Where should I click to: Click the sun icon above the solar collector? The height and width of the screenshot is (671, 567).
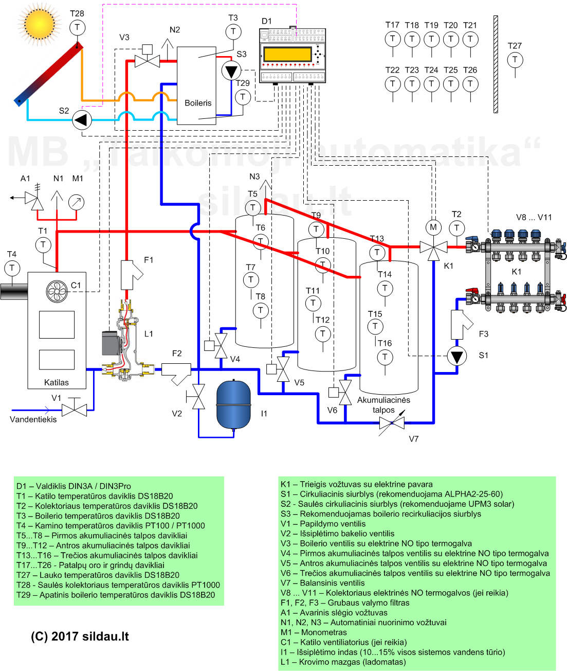click(x=39, y=23)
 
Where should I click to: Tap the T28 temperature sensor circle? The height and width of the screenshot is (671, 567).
click(x=77, y=27)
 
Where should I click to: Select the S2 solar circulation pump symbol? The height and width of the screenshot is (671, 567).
click(x=81, y=120)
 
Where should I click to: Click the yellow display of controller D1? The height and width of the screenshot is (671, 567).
click(x=287, y=54)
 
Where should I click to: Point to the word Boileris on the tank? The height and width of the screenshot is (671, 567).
click(x=198, y=103)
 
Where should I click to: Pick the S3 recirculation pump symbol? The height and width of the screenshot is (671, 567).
click(x=231, y=70)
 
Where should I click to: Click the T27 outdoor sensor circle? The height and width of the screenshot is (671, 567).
click(x=515, y=60)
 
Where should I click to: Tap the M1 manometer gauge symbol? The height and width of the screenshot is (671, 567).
click(x=76, y=202)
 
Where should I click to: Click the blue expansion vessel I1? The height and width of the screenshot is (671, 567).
click(x=233, y=404)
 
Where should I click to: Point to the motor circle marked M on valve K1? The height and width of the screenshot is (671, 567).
click(x=433, y=227)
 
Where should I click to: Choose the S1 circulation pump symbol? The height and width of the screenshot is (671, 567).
click(x=456, y=356)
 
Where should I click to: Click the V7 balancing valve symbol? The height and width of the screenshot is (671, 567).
click(x=392, y=423)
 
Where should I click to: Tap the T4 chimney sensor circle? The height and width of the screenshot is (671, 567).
click(x=12, y=268)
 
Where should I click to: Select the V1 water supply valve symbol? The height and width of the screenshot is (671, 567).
click(x=74, y=410)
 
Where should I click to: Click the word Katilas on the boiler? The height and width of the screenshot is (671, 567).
click(x=57, y=382)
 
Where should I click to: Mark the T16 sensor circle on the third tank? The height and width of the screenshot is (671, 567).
click(x=385, y=357)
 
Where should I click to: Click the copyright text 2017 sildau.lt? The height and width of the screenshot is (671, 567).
click(x=80, y=637)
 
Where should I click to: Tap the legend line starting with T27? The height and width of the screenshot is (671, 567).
click(x=98, y=575)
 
